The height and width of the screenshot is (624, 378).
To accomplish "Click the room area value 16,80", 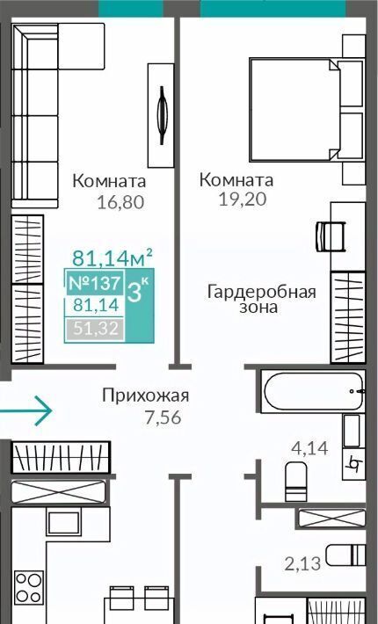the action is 120,202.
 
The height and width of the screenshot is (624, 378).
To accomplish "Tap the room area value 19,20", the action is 243,199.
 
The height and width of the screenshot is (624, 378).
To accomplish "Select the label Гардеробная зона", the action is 261,300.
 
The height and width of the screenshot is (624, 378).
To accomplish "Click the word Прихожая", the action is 146,396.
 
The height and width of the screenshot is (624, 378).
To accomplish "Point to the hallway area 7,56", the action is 164,417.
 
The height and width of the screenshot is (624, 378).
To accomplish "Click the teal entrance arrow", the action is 25,410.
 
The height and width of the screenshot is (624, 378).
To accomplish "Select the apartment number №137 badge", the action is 95,283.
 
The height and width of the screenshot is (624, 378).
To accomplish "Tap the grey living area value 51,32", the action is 96,329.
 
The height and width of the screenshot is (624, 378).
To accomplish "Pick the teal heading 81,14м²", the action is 113,258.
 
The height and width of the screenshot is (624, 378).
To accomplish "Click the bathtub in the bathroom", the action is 313,391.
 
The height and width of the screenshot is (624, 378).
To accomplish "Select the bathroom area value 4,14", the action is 309,448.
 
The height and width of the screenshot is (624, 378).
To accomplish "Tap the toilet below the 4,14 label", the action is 296,481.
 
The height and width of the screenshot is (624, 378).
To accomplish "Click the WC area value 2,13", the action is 302,563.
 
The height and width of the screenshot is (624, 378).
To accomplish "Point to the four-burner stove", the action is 29,587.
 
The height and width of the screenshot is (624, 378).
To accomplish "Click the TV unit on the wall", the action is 161,115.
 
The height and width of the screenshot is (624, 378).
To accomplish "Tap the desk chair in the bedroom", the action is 331,236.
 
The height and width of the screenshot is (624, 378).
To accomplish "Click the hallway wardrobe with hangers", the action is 61,457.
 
